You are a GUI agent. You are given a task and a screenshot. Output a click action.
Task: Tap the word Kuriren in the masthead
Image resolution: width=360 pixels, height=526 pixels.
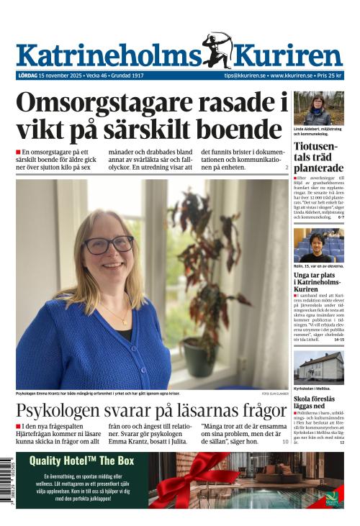tap(288, 55)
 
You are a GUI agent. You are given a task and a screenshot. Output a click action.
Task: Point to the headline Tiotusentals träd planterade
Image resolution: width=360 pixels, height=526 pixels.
tap(318, 158)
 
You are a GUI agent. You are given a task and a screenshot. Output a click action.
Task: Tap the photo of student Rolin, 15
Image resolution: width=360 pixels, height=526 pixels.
tap(318, 245)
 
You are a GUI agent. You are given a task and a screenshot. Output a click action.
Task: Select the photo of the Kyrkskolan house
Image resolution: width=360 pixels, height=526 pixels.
tap(318, 367)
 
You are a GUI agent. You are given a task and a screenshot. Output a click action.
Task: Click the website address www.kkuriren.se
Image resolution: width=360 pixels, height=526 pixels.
tap(291, 76)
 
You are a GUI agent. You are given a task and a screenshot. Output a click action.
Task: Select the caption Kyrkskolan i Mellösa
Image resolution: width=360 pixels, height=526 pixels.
tap(311, 389)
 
